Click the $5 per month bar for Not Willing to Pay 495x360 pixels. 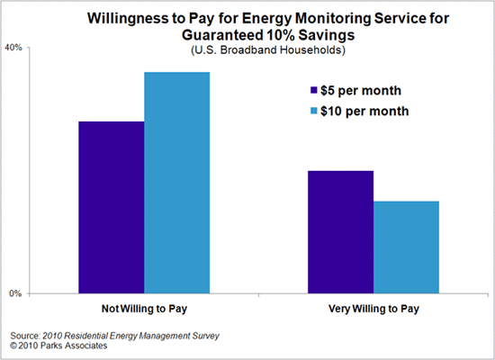click(111, 207)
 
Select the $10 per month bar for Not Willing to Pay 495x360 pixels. click(176, 183)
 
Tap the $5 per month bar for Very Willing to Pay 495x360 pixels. click(340, 231)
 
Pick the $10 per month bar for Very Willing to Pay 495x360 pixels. click(406, 247)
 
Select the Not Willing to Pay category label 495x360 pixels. click(144, 309)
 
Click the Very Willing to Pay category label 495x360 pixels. click(373, 309)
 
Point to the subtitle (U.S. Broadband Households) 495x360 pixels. click(267, 50)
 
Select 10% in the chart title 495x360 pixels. click(293, 35)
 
